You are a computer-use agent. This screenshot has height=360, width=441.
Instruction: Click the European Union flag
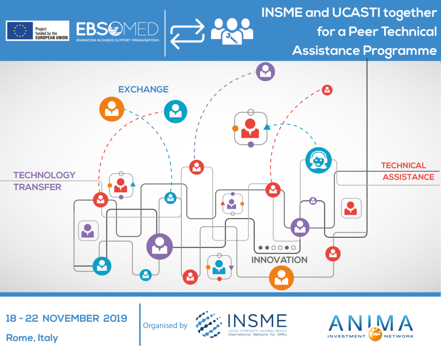(20, 31)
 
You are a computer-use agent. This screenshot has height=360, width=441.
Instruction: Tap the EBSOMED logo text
(117, 29)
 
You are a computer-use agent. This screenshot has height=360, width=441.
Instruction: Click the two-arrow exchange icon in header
(187, 34)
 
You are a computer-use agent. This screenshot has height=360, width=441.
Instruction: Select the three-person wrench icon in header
(232, 31)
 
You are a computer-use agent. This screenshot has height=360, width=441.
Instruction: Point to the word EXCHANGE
(143, 90)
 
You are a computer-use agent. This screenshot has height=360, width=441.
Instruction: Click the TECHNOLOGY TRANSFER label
(44, 181)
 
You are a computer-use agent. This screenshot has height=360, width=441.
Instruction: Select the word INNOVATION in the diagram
(279, 260)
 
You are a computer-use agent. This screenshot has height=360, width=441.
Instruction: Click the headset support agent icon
(318, 160)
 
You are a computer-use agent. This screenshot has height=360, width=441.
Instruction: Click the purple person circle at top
(265, 71)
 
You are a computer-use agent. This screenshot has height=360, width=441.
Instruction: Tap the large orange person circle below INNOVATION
(281, 278)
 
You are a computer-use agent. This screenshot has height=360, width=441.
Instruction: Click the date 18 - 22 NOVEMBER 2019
(66, 319)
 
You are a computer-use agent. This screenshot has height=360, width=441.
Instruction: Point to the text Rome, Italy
(32, 338)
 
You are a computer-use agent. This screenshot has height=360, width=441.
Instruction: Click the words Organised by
(165, 326)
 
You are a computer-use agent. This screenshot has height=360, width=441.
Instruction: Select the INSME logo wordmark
(257, 321)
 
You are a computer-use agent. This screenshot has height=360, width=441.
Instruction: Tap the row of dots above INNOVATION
(277, 248)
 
